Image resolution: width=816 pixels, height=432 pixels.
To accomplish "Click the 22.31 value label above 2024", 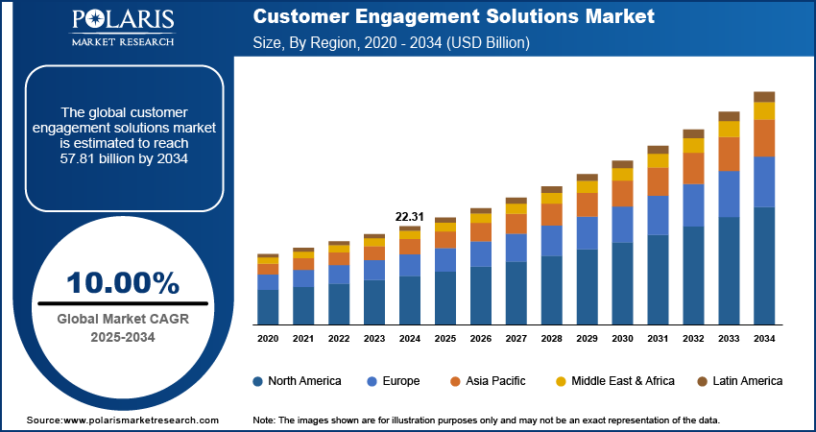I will coord(410,216).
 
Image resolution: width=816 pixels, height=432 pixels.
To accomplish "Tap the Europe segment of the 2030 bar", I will coord(622,224).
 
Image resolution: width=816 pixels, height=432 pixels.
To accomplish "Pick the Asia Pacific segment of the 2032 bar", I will coord(693,168).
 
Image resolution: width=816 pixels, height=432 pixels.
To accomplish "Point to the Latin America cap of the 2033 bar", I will coord(729,116).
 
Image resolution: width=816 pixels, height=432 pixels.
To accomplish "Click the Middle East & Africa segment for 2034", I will coord(764,110).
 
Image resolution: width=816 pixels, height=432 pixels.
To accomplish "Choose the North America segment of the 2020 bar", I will coord(268,306).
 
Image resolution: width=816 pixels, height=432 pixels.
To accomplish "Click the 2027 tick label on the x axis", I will coord(516,339).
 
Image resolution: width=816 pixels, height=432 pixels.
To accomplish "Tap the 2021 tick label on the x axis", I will coord(303,339).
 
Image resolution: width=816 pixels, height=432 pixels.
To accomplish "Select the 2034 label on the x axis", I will coord(764,339).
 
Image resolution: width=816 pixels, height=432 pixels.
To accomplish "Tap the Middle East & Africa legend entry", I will coord(613,381).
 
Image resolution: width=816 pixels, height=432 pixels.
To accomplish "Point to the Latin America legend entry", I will coord(739,381).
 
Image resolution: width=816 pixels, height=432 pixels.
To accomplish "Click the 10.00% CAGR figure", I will coord(123,283).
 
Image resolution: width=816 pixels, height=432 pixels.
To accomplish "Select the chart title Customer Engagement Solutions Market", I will coord(454,17).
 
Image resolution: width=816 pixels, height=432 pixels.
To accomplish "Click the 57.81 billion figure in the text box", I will coord(122,157).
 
